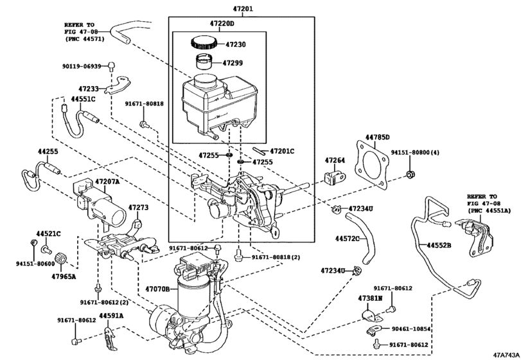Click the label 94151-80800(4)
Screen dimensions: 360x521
pos(415,153)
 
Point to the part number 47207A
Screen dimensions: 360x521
pos(107,182)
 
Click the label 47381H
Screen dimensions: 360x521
pos(370,300)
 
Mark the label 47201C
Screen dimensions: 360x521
pos(282,150)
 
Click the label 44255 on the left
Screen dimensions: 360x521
pos(48,151)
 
